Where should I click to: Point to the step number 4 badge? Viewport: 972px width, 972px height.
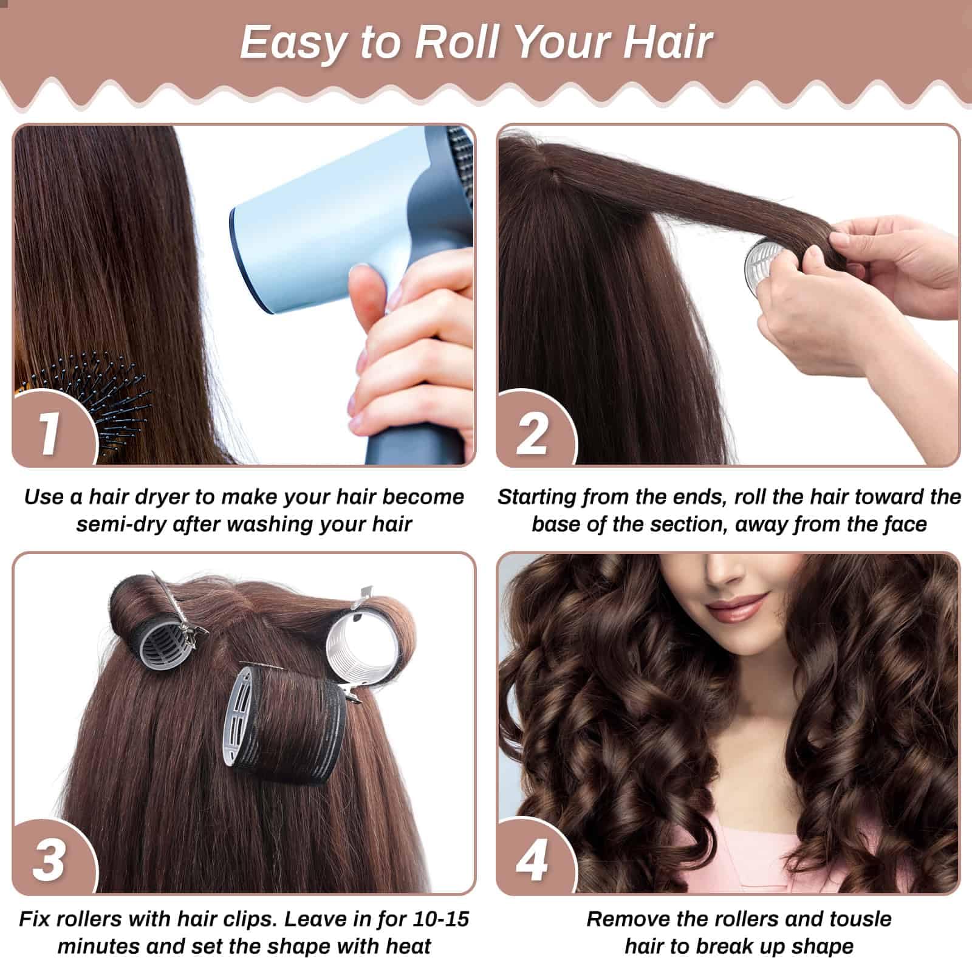point(532,858)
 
